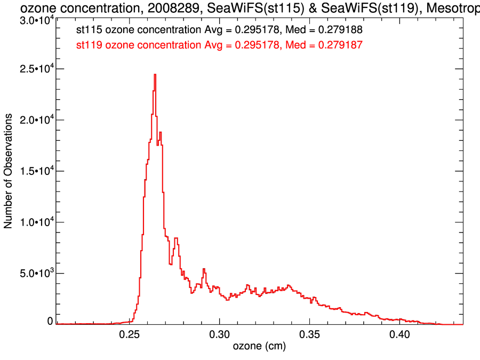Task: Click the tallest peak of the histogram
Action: pos(155,75)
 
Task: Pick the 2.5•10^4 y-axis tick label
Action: pos(35,69)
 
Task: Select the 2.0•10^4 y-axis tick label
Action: pos(35,121)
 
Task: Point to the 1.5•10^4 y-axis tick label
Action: pos(35,171)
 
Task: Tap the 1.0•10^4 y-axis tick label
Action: pos(35,222)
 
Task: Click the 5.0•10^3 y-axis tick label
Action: pos(35,274)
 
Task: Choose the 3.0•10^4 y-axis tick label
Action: pos(35,20)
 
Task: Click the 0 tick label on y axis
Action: pos(50,321)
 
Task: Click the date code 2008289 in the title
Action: pos(170,8)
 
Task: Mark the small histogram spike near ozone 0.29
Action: pos(204,270)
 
